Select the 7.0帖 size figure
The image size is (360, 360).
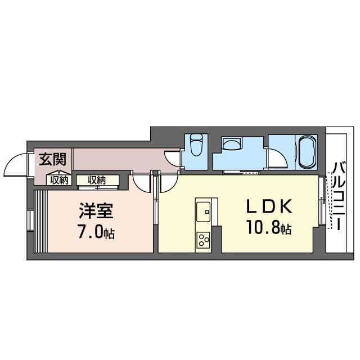tap(96, 232)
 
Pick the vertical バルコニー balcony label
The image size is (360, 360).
tap(339, 195)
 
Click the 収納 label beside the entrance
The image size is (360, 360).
tap(59, 181)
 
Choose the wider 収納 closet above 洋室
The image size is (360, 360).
tap(97, 181)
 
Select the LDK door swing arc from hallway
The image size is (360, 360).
tap(167, 183)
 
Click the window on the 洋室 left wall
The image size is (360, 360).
tap(29, 220)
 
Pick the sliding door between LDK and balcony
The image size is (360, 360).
tap(322, 204)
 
